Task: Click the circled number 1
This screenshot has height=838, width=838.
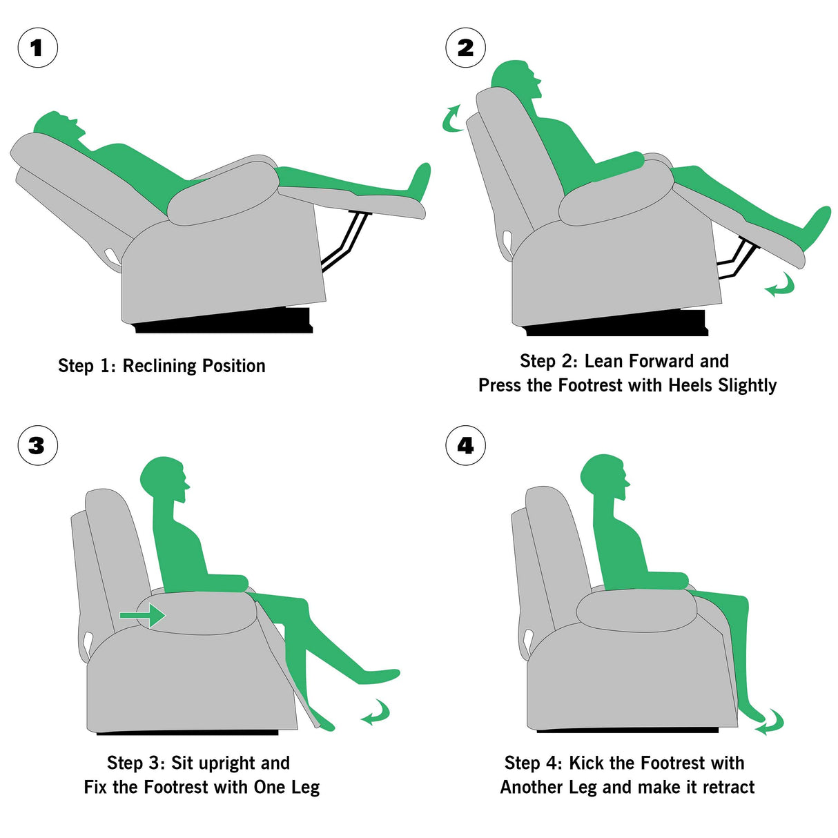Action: (37, 48)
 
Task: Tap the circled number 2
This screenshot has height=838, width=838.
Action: (466, 48)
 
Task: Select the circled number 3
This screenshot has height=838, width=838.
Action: (37, 445)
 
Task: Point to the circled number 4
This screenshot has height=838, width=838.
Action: (466, 445)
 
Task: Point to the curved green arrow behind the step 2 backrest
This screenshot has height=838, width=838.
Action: (452, 119)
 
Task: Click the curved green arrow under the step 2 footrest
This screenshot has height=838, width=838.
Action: (780, 285)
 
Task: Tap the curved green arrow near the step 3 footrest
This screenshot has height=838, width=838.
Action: (376, 712)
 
